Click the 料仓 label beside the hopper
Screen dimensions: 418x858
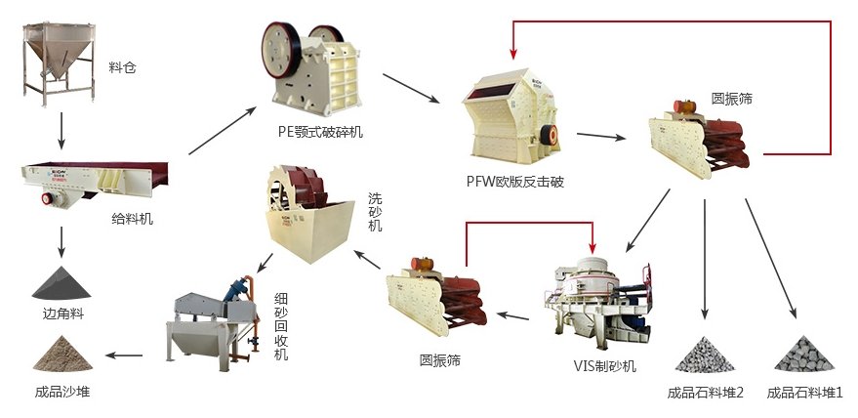pos(125,68)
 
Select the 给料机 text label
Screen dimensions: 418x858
pos(132,220)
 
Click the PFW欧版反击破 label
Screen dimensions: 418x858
pos(514,182)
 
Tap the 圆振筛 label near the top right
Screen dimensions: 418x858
pos(731,99)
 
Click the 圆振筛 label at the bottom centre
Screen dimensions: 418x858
pos(438,360)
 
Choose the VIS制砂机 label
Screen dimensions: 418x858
pos(604,366)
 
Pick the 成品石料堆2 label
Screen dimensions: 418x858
pos(706,393)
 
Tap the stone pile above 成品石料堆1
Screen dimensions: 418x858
pos(803,354)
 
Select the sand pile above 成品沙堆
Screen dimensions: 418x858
pos(62,354)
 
